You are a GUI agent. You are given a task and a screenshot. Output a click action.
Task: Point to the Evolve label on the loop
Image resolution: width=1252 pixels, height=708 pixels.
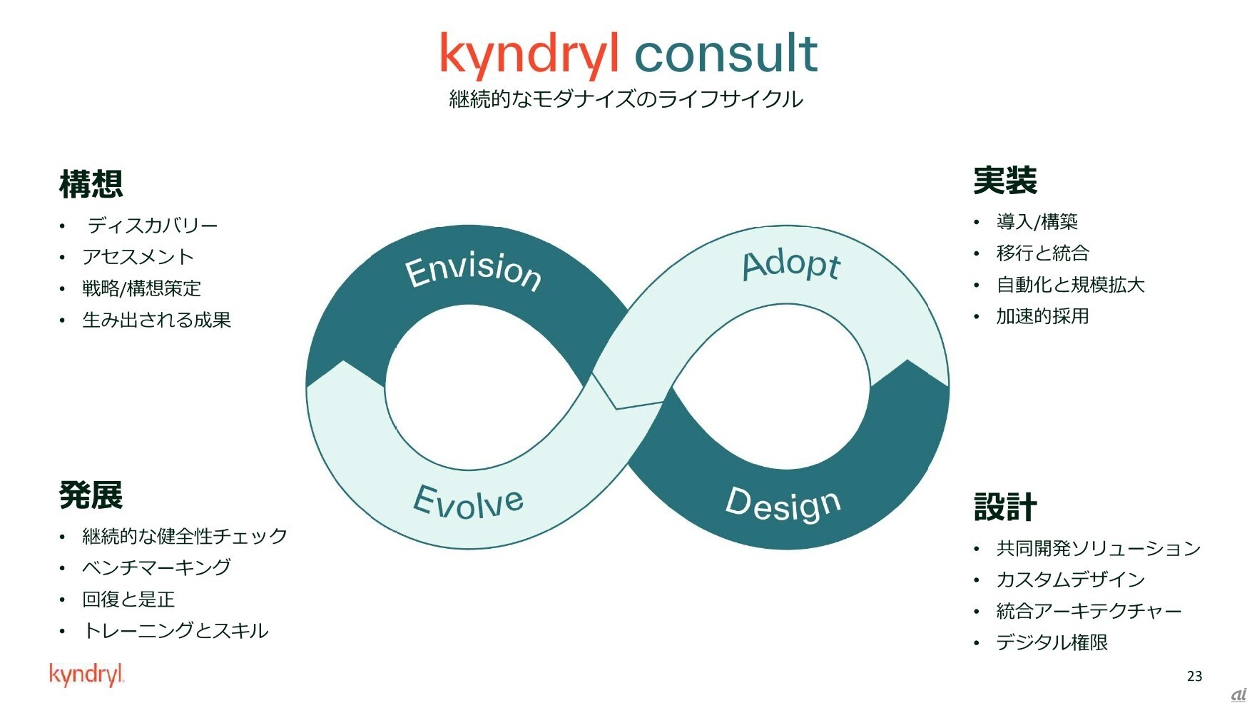[x=469, y=501]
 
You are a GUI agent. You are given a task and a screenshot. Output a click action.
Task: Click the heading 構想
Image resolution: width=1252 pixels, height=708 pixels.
[x=91, y=184]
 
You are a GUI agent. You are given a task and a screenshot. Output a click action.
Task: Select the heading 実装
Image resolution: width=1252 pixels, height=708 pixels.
[x=1005, y=181]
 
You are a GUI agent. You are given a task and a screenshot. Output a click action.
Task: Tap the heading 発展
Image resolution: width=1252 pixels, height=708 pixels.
[x=91, y=495]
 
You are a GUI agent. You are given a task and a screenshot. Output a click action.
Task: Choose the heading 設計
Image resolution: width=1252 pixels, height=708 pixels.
[x=1005, y=507]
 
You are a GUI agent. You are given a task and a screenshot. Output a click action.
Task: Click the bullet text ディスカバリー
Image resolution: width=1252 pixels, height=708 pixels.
[x=153, y=226]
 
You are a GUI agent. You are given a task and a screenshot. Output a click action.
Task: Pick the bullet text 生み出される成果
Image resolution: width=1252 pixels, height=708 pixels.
[x=157, y=320]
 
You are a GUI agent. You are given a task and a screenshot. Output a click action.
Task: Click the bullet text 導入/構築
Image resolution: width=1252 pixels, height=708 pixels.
[x=1037, y=222]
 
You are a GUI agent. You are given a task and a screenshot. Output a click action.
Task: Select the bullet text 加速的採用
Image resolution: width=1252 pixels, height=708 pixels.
[x=1042, y=316]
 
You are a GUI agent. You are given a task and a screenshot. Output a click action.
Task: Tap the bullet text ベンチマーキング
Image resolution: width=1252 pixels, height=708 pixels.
[x=157, y=567]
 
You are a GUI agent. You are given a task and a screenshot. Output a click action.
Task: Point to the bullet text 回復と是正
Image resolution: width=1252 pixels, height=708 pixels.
[x=128, y=599]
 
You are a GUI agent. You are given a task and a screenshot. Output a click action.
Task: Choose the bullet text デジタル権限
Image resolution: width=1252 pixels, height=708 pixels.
[x=1052, y=642]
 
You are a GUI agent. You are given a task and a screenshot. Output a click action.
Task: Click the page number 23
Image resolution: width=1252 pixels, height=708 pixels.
[x=1194, y=676]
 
